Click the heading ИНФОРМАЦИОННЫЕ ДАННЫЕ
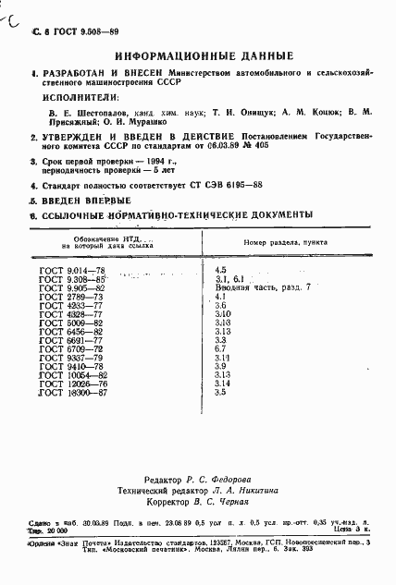[198, 54]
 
